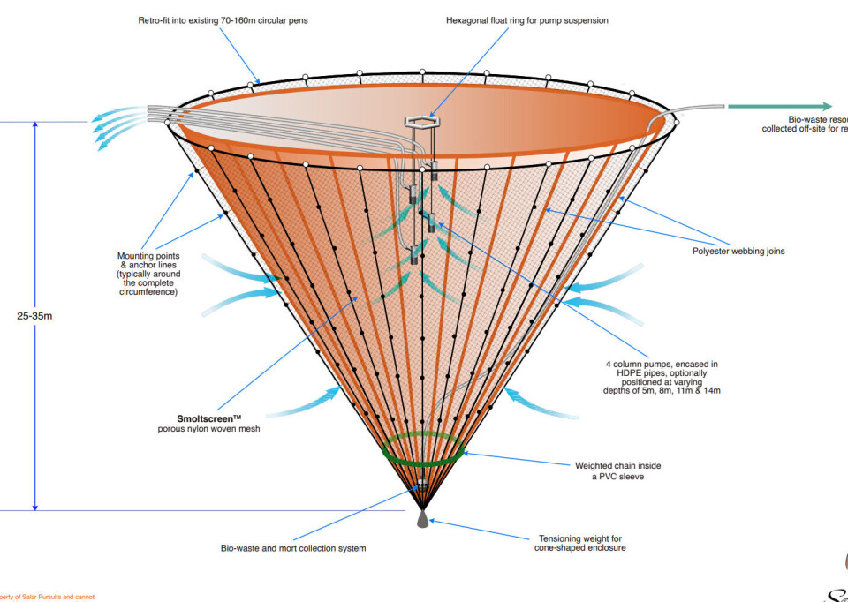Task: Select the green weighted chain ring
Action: pos(423,448)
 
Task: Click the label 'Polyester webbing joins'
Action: pos(739,251)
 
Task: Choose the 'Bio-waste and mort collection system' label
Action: pos(293,548)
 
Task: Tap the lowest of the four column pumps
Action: pos(413,258)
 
